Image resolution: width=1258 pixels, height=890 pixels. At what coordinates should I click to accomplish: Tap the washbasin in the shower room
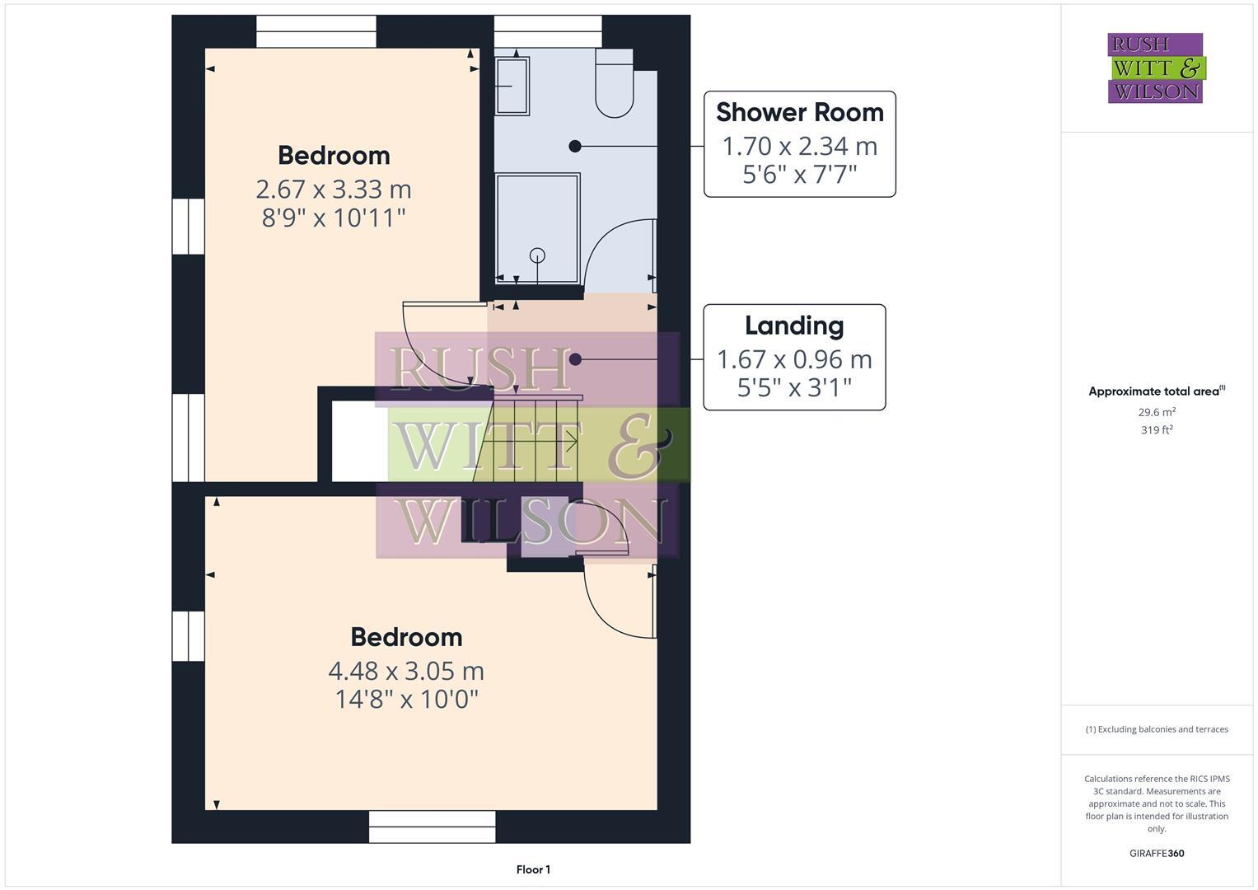pos(512,85)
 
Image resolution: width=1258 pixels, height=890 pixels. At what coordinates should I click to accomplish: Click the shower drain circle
pos(537,255)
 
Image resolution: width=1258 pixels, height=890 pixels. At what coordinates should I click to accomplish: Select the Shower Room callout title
pos(799,112)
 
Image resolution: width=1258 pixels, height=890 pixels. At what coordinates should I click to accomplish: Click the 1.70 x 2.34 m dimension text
pos(799,146)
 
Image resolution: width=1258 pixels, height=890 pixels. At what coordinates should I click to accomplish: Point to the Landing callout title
pos(794,326)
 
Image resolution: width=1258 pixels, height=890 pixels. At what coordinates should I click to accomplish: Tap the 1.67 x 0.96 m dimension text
pos(794,359)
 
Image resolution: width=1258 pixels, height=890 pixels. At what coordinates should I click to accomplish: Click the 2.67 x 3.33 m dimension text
pos(334,190)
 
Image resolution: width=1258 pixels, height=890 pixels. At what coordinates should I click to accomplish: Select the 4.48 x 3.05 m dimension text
pos(406,671)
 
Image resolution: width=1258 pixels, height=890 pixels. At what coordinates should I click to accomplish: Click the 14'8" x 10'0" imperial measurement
pos(406,700)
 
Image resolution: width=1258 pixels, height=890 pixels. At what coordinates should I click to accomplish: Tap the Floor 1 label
pos(533,869)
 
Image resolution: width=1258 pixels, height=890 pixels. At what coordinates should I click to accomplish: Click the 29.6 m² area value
pos(1157,412)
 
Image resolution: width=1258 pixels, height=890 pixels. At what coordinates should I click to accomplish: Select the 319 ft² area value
pos(1157,429)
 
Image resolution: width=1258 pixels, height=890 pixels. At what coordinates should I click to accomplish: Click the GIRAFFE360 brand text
pos(1157,853)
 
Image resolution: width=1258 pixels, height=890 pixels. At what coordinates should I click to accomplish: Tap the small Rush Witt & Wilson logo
pos(1155,68)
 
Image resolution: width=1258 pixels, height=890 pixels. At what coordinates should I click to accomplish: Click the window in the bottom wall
pos(432,827)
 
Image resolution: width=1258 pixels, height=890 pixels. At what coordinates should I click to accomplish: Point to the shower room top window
pos(548,31)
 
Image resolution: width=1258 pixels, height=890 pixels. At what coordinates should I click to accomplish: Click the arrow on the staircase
pos(568,443)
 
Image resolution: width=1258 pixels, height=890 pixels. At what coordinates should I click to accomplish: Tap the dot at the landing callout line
pos(575,359)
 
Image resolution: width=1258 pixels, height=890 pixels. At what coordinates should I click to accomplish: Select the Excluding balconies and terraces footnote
pos(1157,729)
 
